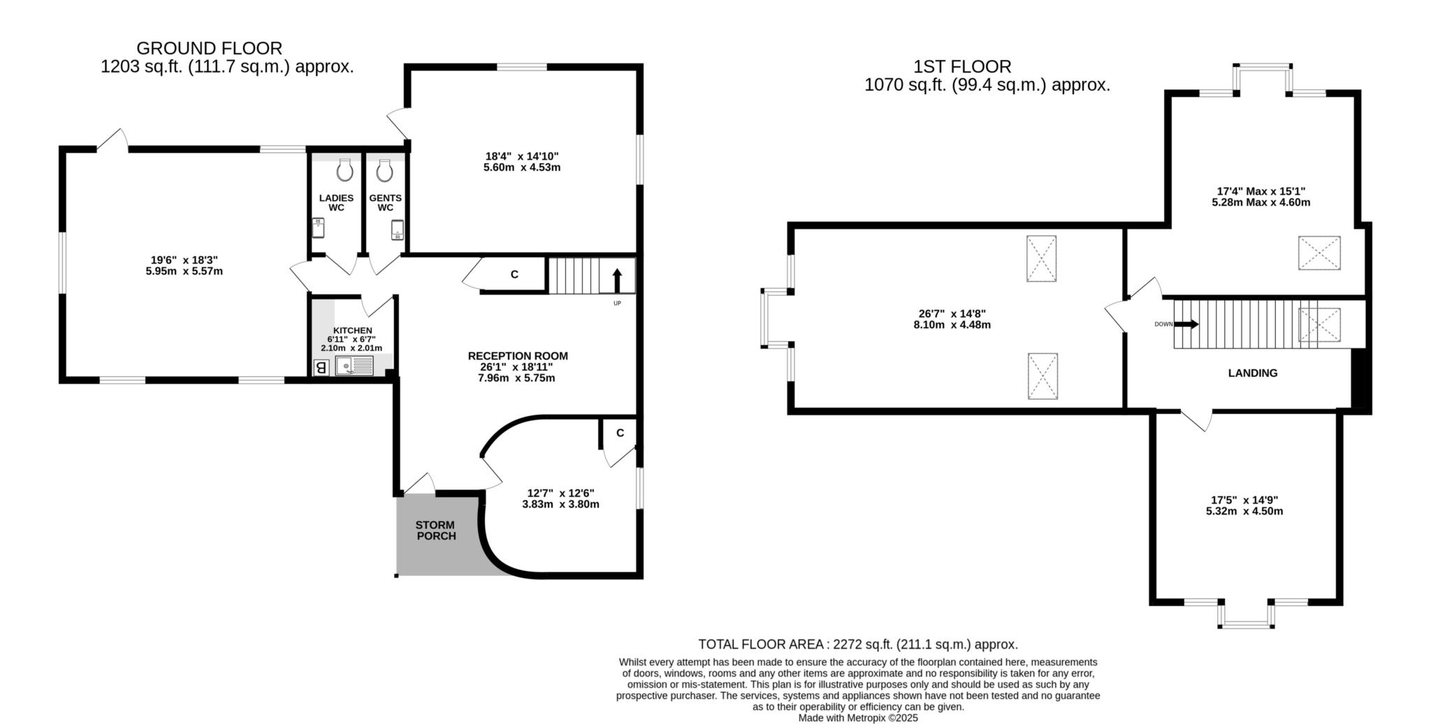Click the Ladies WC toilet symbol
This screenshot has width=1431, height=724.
(345, 170)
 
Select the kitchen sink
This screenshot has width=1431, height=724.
(355, 365)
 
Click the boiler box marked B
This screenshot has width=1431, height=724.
(321, 367)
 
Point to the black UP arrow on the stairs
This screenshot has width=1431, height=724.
(617, 281)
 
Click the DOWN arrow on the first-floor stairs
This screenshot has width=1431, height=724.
(1186, 324)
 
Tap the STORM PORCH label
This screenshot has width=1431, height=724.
(435, 531)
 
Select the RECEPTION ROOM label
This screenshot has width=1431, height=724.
(518, 356)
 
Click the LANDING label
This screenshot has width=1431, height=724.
(1253, 373)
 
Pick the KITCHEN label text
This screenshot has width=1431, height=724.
(353, 330)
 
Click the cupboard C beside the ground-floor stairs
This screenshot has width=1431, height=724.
(514, 274)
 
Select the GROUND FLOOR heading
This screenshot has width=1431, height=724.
(210, 48)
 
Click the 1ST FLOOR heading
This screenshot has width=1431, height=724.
(962, 67)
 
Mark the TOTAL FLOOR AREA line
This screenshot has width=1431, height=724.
(858, 644)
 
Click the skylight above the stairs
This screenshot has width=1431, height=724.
(1319, 325)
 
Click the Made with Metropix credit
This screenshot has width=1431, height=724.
(858, 718)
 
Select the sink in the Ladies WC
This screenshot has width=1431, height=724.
(318, 228)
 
